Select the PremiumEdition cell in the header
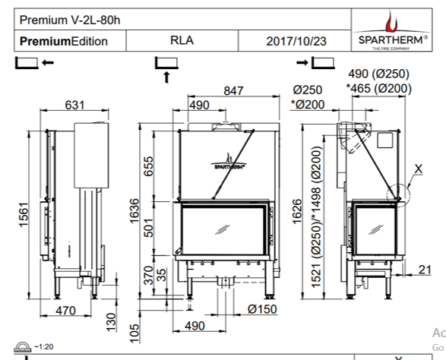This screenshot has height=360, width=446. coord(64,41)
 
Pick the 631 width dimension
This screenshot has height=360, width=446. coord(74,105)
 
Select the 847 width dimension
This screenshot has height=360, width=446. coord(232,90)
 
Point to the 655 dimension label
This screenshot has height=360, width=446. coord(149,166)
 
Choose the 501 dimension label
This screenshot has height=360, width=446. coord(149,227)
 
